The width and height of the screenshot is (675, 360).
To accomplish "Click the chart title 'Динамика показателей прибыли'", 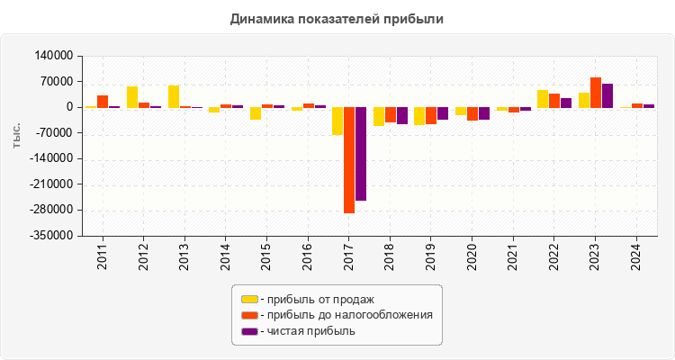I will [x=337, y=18].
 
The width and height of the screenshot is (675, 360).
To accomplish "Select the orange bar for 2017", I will [x=349, y=160].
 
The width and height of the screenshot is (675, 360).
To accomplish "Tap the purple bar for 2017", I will [x=361, y=154].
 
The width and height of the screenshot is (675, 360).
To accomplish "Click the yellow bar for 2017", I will [x=337, y=121].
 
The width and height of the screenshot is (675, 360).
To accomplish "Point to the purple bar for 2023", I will [x=607, y=95].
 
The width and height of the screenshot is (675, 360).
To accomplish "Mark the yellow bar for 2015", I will [x=256, y=113].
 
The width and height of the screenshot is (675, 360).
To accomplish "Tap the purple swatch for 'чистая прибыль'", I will [x=249, y=331].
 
